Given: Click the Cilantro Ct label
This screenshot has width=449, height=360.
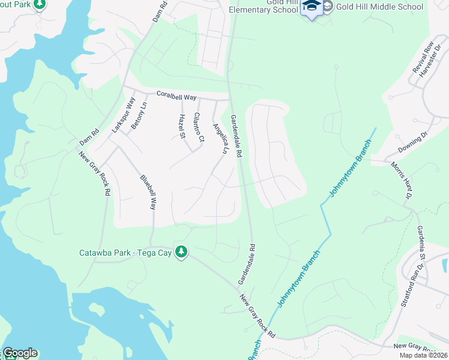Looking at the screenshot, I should (199, 128).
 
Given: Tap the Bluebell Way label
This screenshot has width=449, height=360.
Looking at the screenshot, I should (148, 191).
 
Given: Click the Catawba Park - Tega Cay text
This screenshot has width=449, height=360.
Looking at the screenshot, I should (126, 253).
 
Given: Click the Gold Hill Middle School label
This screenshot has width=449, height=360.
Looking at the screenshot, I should (373, 7).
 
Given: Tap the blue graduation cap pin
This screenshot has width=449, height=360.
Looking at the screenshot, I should (312, 7).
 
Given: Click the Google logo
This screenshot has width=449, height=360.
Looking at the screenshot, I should (20, 353).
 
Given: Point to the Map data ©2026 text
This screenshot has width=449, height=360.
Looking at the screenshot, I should (423, 355).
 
